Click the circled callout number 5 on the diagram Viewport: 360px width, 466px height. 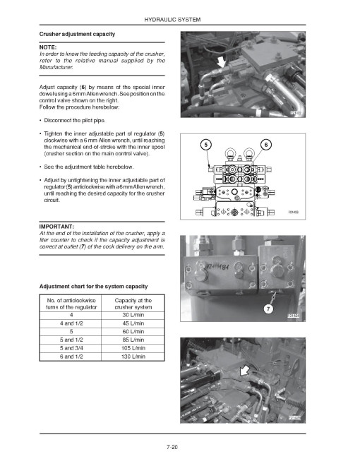pos(205,145)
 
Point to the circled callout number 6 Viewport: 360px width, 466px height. pos(265,145)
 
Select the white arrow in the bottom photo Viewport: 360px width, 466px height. pos(244,369)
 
